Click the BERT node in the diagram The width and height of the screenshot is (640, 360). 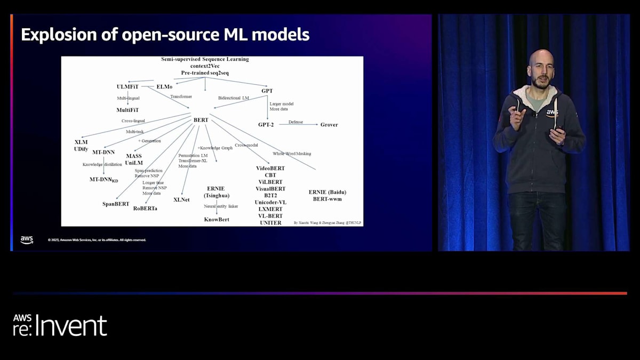[201, 120]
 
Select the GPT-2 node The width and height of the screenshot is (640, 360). [266, 125]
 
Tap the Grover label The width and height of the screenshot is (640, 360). [329, 125]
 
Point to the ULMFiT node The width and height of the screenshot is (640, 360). [127, 86]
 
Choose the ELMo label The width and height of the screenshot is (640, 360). [164, 86]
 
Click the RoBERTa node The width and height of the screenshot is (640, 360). [145, 209]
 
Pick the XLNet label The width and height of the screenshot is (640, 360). [182, 199]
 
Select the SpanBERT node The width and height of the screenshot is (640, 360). [116, 204]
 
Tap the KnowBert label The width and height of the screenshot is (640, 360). [217, 219]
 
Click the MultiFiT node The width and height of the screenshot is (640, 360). [127, 110]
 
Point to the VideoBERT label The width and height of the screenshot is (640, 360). [270, 169]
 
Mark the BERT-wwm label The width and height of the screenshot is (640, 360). [327, 199]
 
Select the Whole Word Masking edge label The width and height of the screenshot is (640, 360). [292, 154]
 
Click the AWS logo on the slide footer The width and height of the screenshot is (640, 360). [27, 240]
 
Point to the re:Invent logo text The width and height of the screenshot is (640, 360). [60, 325]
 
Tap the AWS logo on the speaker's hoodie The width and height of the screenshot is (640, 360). [551, 113]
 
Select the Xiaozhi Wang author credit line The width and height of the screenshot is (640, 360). [327, 222]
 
